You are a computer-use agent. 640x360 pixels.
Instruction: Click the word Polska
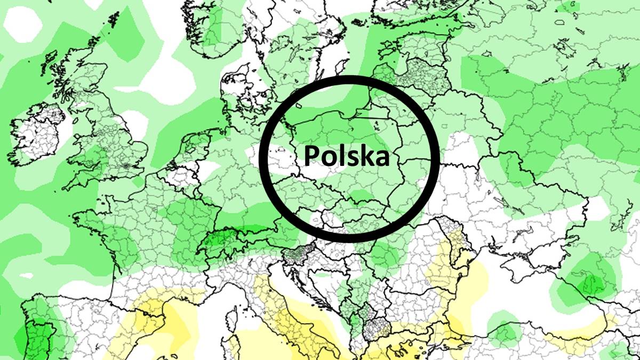coord(347,156)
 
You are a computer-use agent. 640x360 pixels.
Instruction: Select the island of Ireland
coord(40,133)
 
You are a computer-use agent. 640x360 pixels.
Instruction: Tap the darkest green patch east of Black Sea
coord(589,280)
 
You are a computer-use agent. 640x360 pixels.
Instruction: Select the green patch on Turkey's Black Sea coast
coord(504,333)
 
